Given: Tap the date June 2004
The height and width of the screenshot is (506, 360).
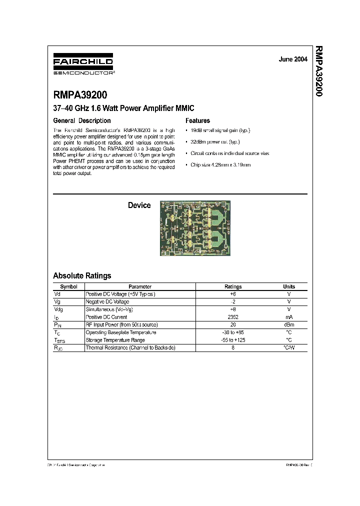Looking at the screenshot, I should click(293, 59).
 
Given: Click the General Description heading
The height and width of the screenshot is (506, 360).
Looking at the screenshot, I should click(82, 120).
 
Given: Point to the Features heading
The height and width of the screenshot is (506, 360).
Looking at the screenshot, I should click(197, 120).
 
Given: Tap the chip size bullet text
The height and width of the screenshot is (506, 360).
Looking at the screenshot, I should click(219, 164).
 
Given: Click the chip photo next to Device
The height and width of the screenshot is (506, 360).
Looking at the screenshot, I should click(195, 228).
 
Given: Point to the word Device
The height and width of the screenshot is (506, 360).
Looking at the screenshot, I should click(139, 205).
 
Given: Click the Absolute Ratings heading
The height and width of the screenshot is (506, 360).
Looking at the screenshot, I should click(82, 275).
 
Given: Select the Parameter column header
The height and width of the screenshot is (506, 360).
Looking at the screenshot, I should click(140, 286).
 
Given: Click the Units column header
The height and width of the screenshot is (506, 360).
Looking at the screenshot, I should click(289, 286).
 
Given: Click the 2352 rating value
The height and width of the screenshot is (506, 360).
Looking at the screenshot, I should click(233, 317).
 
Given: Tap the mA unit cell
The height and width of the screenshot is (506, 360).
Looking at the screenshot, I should click(289, 317).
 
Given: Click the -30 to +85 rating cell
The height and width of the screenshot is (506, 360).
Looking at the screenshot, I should click(233, 332).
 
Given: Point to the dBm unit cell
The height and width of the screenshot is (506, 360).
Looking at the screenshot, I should click(289, 324).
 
